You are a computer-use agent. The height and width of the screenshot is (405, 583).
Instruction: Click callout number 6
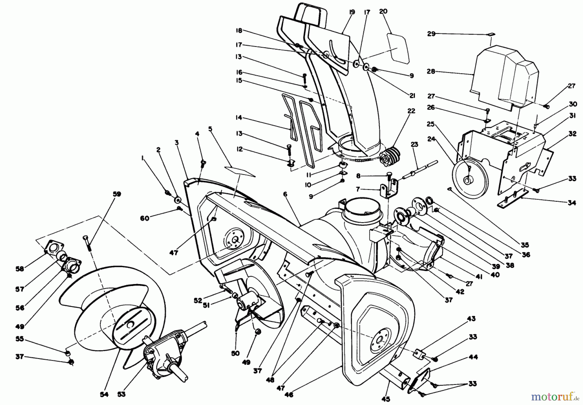[285, 194]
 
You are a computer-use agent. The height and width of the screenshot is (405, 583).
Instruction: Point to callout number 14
[239, 118]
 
